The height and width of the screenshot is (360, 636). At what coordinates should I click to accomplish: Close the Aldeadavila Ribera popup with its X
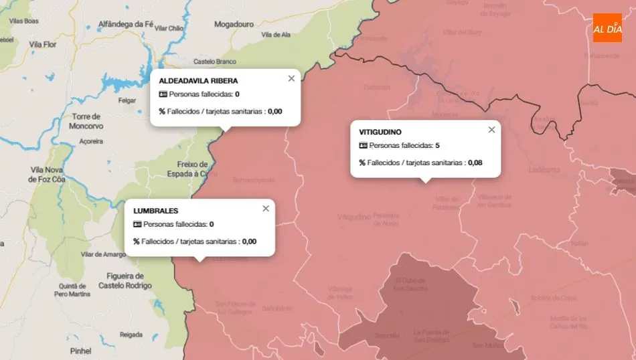click(291, 78)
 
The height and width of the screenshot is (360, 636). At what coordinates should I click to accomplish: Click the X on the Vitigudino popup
click(491, 130)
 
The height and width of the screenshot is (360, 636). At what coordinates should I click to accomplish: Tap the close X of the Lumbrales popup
click(266, 208)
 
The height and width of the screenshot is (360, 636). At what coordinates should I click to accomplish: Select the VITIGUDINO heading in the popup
click(380, 132)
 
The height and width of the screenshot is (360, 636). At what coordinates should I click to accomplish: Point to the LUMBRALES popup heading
click(155, 211)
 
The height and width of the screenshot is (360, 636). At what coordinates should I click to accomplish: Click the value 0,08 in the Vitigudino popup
click(475, 163)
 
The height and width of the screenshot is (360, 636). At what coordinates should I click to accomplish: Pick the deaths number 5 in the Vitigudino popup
click(437, 145)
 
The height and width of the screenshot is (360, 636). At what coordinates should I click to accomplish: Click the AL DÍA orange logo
click(607, 28)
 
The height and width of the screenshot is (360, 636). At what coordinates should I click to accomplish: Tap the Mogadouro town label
click(234, 24)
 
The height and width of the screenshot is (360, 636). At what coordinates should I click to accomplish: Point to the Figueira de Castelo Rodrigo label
click(125, 281)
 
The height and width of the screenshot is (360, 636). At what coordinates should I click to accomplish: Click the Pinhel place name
click(80, 350)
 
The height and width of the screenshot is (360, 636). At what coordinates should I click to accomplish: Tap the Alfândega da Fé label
click(126, 23)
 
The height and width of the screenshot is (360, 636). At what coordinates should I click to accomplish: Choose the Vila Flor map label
click(44, 44)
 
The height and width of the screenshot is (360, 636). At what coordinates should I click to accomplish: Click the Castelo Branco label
click(214, 62)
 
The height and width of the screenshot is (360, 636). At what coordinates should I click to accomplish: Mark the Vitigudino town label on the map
click(354, 217)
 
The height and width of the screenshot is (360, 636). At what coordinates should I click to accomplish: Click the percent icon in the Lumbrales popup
click(136, 242)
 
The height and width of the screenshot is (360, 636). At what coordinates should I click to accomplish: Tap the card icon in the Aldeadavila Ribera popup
click(163, 94)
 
